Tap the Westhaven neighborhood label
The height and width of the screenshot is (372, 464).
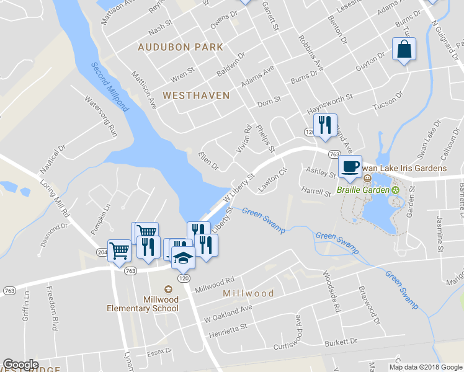pyautogui.click(x=196, y=95)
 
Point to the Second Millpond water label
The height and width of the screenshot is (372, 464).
pyautogui.click(x=111, y=86)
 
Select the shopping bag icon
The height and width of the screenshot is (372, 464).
pyautogui.click(x=404, y=50)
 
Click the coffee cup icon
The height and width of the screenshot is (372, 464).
pyautogui.click(x=350, y=166)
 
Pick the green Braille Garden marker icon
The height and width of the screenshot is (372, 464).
pyautogui.click(x=395, y=189)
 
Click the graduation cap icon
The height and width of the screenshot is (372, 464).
pyautogui.click(x=183, y=257)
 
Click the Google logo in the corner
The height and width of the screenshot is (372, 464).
pyautogui.click(x=20, y=365)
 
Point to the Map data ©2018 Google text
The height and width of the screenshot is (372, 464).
pyautogui.click(x=426, y=367)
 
